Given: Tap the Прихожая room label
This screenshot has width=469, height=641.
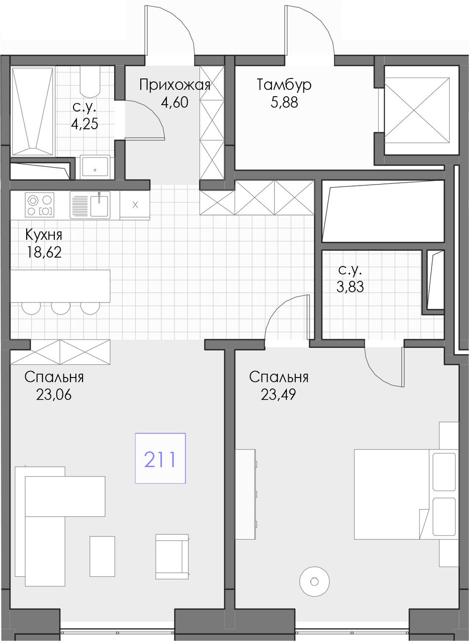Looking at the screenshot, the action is (x=175, y=85).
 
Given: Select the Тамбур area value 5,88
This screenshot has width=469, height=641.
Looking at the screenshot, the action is (x=284, y=103).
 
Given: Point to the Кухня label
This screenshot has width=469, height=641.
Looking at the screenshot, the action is (x=43, y=235).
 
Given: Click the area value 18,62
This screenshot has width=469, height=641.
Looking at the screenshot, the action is (x=43, y=252).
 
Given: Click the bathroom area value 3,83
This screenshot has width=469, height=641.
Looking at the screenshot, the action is (x=350, y=287).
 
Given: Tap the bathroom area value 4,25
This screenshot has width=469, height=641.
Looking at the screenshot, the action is (x=84, y=124).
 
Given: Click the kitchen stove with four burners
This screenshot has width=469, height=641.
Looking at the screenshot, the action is (x=39, y=205).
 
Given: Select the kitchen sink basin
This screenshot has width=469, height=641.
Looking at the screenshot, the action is (x=99, y=206).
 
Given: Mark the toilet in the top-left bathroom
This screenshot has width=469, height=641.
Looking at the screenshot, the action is (x=90, y=82).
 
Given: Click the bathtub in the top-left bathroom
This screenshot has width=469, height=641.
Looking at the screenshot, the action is (x=33, y=112).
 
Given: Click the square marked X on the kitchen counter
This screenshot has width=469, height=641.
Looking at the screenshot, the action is (x=135, y=205).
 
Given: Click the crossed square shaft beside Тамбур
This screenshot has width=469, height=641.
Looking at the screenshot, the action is (x=417, y=110).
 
